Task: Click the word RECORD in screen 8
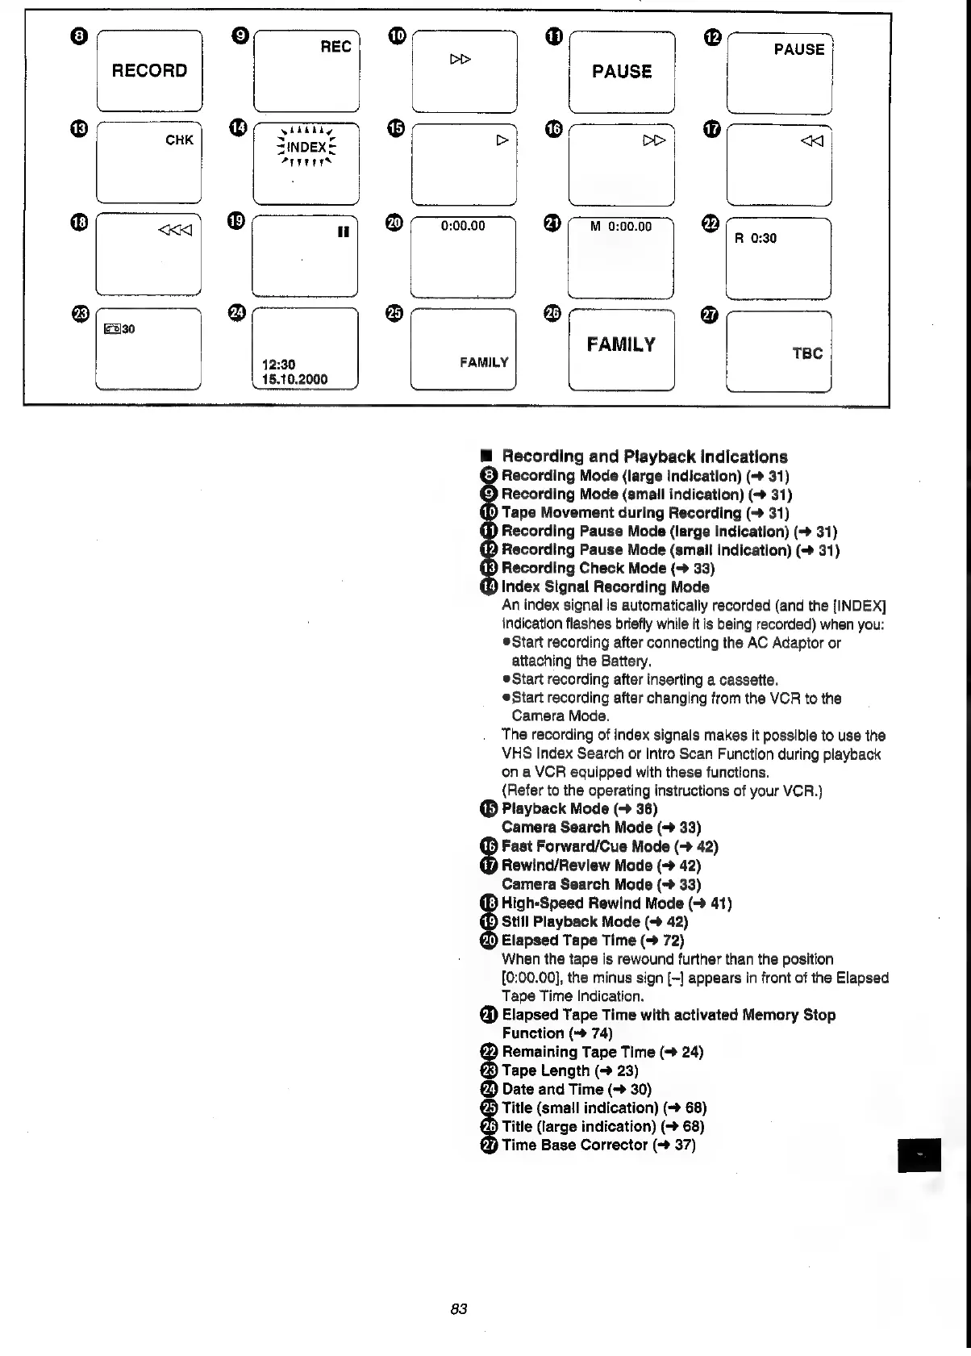pos(149,71)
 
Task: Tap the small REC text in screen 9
pos(335,47)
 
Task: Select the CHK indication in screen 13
pos(179,140)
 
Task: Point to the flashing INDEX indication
pos(306,147)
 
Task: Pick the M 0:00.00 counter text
pos(620,227)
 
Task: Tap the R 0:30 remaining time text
pos(755,238)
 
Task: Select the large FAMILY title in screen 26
pos(621,344)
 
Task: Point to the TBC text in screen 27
pos(806,353)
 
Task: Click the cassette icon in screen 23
pos(112,329)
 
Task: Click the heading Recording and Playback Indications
pos(644,457)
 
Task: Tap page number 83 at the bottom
pos(459,1308)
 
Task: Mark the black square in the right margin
pos(918,1155)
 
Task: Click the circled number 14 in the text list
pos(489,587)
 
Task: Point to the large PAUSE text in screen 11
pos(621,72)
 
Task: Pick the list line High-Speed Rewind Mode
pos(616,903)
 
